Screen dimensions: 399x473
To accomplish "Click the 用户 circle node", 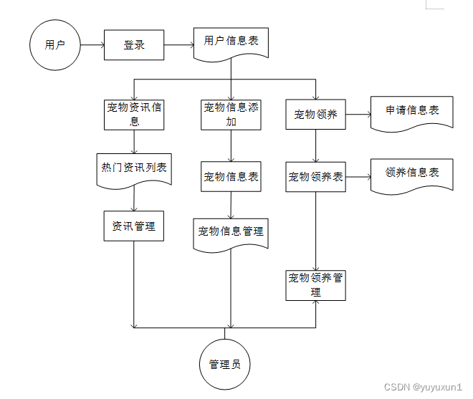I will pyautogui.click(x=55, y=44).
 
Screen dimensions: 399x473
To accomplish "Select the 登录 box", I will pyautogui.click(x=134, y=44).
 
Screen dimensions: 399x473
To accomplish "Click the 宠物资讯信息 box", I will pyautogui.click(x=134, y=114).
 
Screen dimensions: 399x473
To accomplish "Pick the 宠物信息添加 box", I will pyautogui.click(x=231, y=114).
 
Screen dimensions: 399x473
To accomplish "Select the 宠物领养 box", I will pyautogui.click(x=316, y=114).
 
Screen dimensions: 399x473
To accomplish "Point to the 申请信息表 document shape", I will pyautogui.click(x=412, y=112).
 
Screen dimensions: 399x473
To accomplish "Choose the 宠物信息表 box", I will pyautogui.click(x=231, y=176).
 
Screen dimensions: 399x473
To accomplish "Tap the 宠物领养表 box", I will pyautogui.click(x=316, y=176).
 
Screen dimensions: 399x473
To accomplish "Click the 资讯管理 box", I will pyautogui.click(x=134, y=226).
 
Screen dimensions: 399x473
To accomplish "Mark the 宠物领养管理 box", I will pyautogui.click(x=316, y=284).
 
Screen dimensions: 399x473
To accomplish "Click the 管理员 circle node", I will pyautogui.click(x=224, y=364).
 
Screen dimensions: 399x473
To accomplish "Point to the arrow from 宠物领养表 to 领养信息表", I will pyautogui.click(x=358, y=176).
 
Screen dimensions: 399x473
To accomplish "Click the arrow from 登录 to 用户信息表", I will pyautogui.click(x=179, y=44).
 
